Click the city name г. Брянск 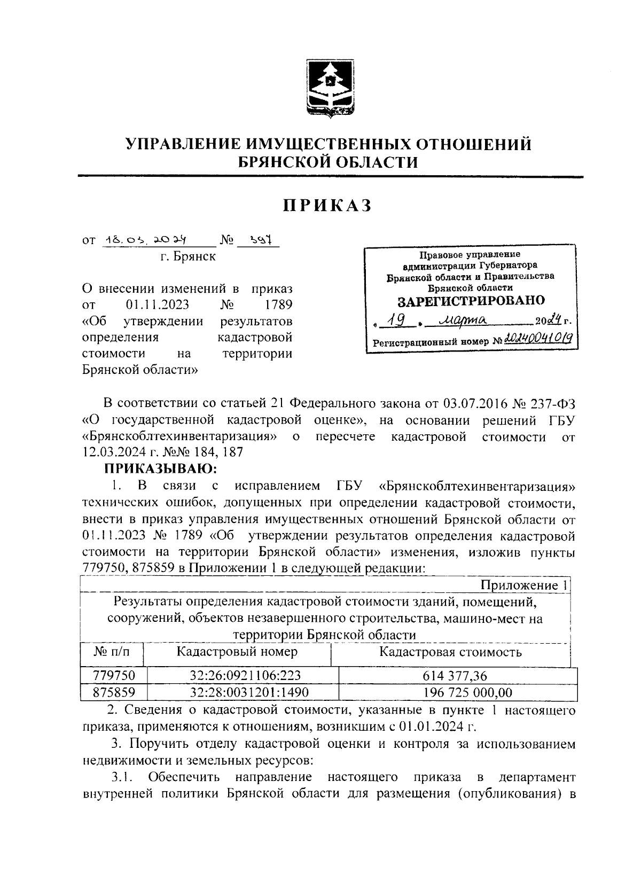187,257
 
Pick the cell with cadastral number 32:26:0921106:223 241,676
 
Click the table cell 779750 114,676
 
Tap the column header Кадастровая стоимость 450,652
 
